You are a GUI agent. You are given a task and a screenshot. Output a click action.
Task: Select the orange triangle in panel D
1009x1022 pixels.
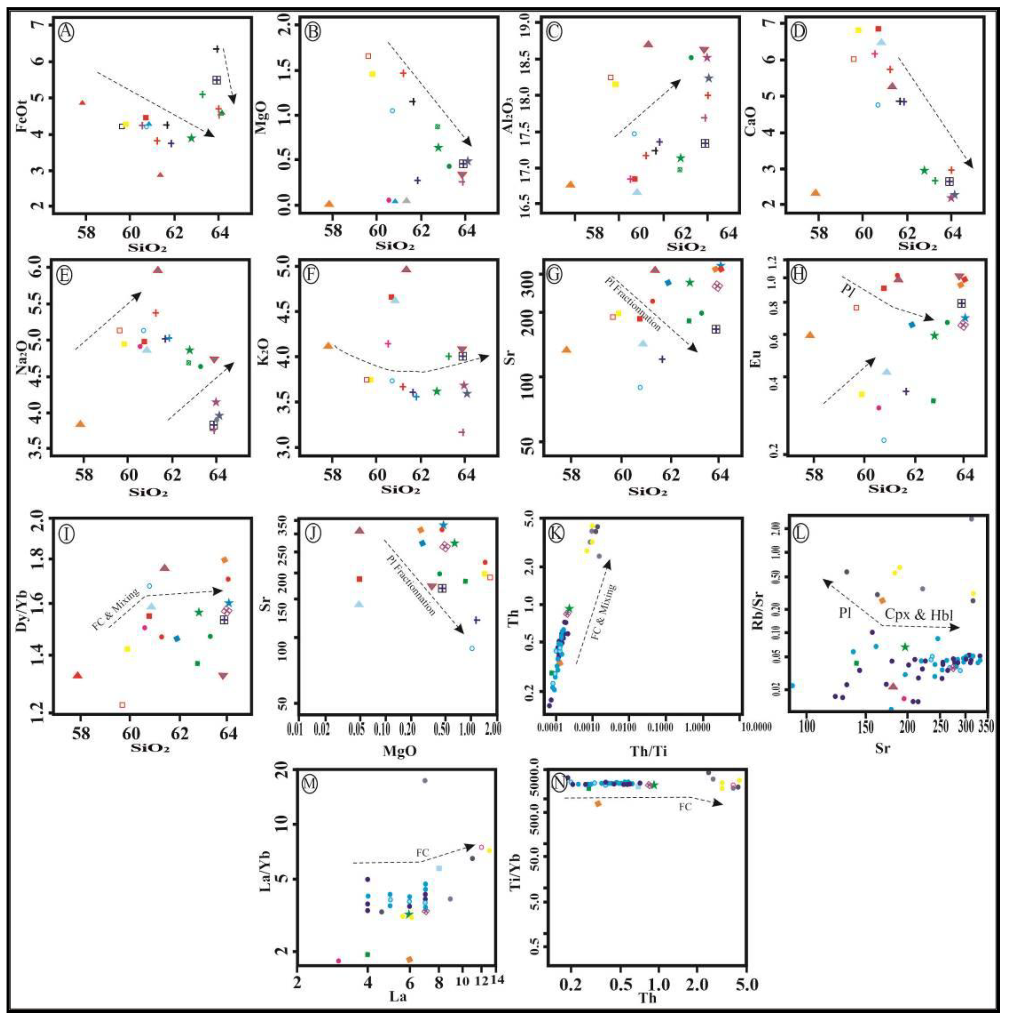point(815,192)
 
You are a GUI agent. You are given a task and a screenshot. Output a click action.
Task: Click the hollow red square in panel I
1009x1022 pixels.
point(123,705)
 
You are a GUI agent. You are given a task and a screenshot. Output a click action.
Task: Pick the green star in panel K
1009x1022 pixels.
point(569,608)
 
